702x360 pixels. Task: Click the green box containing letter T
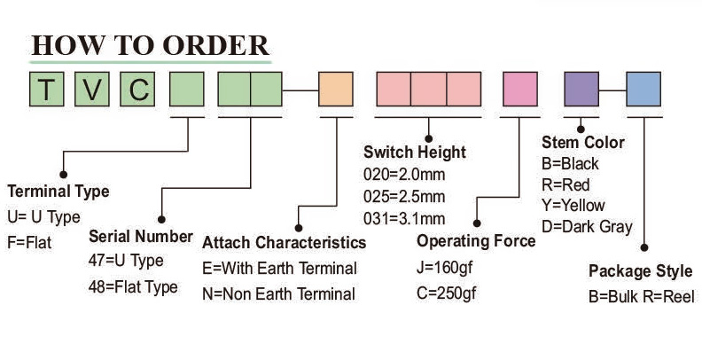pos(49,89)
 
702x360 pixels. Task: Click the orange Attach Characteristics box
pos(335,89)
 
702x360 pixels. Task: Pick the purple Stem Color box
pos(581,89)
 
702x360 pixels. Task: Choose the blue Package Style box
pos(643,89)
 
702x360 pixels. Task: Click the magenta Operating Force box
pos(519,89)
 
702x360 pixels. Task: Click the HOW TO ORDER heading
pos(150,45)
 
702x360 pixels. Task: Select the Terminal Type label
pos(58,192)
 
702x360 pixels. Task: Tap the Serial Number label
pos(141,237)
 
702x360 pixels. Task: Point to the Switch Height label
pos(415,153)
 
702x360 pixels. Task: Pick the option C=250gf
pos(447,293)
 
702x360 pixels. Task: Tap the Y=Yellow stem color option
pos(573,206)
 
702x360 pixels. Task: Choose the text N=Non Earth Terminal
pos(279,293)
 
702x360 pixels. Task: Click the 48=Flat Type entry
pos(133,286)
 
